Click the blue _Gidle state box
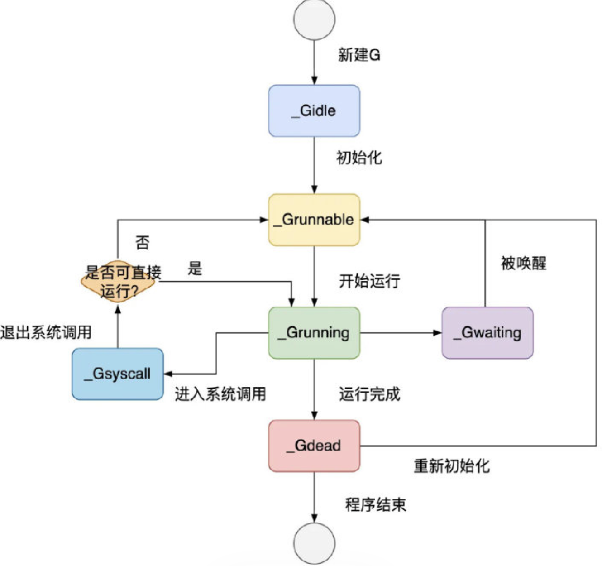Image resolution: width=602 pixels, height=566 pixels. (x=314, y=111)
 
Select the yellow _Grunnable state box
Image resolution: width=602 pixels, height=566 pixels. (x=314, y=220)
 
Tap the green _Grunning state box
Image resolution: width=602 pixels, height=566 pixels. (x=314, y=333)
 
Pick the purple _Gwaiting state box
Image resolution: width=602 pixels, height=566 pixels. (x=487, y=333)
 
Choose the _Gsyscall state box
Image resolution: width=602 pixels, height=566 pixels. (x=118, y=374)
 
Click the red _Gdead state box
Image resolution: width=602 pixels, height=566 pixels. (x=314, y=446)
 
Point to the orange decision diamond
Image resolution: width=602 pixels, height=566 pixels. (x=118, y=282)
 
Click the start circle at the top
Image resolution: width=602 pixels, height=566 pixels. (x=314, y=19)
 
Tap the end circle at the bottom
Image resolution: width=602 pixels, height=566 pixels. (x=314, y=543)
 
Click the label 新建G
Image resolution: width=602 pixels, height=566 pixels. (x=359, y=55)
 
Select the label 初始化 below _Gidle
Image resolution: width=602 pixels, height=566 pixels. (x=359, y=158)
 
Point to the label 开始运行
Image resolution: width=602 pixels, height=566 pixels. (x=369, y=281)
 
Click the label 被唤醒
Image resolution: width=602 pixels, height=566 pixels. (x=524, y=263)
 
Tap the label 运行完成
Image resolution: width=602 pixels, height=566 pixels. (x=369, y=394)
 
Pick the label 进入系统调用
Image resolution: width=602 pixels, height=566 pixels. (x=220, y=394)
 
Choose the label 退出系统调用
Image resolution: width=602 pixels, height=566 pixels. (x=46, y=332)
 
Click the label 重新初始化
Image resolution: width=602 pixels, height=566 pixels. (x=452, y=466)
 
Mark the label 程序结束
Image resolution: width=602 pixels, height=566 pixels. (x=376, y=505)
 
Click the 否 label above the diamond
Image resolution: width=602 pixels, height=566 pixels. (x=143, y=242)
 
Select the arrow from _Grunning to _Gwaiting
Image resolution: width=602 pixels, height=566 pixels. (x=401, y=333)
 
